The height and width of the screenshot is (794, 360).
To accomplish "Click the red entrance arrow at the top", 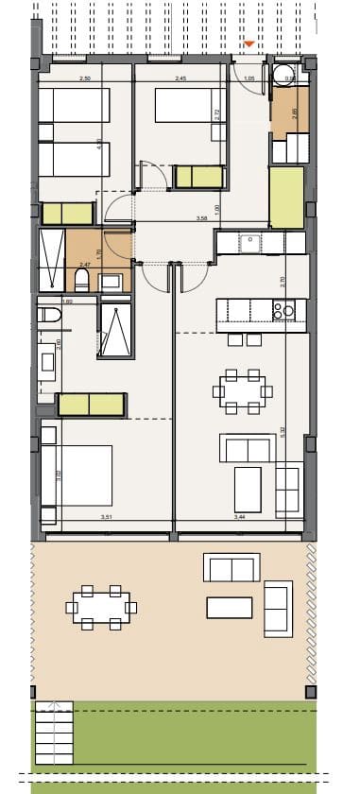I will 249,44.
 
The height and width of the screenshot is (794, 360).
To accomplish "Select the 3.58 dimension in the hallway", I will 200,219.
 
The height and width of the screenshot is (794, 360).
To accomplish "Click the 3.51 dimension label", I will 108,517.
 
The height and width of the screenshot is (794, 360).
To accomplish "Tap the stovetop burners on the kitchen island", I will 283,309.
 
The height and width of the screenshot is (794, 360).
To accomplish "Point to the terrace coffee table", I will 230,607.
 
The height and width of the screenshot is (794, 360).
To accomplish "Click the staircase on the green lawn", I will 55,735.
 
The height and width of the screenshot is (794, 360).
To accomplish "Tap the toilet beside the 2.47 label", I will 82,279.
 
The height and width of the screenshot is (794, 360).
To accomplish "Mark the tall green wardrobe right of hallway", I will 285,196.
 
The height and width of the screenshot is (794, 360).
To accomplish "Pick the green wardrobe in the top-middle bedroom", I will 199,176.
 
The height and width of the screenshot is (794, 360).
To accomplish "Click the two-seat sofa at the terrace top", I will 231,568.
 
